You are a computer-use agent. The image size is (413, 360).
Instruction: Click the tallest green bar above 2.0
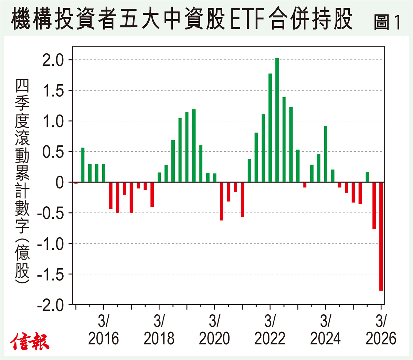(x=277, y=120)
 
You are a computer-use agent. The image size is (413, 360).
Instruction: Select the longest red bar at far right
(x=381, y=236)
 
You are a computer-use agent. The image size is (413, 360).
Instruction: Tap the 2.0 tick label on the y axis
(x=53, y=60)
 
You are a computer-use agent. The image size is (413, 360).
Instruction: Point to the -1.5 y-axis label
(x=51, y=274)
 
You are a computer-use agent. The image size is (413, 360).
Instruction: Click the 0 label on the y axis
(x=60, y=183)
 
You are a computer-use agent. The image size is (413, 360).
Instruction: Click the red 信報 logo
(x=30, y=341)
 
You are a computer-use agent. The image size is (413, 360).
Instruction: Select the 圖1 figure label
(x=387, y=22)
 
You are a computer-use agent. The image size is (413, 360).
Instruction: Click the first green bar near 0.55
(x=83, y=165)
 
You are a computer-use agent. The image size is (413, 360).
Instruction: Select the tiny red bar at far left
(x=76, y=183)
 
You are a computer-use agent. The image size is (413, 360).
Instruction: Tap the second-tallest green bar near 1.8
(x=270, y=128)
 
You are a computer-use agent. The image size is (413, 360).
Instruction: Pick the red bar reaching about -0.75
(x=374, y=206)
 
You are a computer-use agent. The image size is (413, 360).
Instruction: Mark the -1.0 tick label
(x=51, y=244)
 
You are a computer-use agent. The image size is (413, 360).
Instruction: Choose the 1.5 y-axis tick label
(x=53, y=91)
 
